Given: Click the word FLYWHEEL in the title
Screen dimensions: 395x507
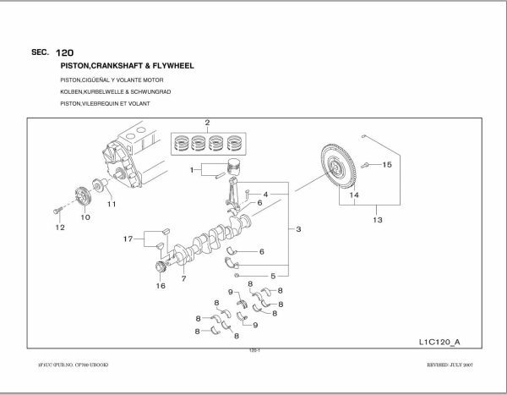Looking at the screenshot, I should (x=177, y=64).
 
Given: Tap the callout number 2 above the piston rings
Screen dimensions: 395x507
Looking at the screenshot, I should (x=206, y=123).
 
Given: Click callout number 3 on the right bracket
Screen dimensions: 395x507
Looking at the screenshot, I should (x=298, y=229).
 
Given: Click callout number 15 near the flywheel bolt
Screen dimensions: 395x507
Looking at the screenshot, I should (x=387, y=164).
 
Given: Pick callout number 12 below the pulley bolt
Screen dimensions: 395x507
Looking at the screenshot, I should (x=60, y=228).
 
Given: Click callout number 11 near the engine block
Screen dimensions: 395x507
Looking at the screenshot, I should (x=111, y=204).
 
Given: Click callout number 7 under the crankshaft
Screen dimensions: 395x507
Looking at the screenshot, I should (x=183, y=277).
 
